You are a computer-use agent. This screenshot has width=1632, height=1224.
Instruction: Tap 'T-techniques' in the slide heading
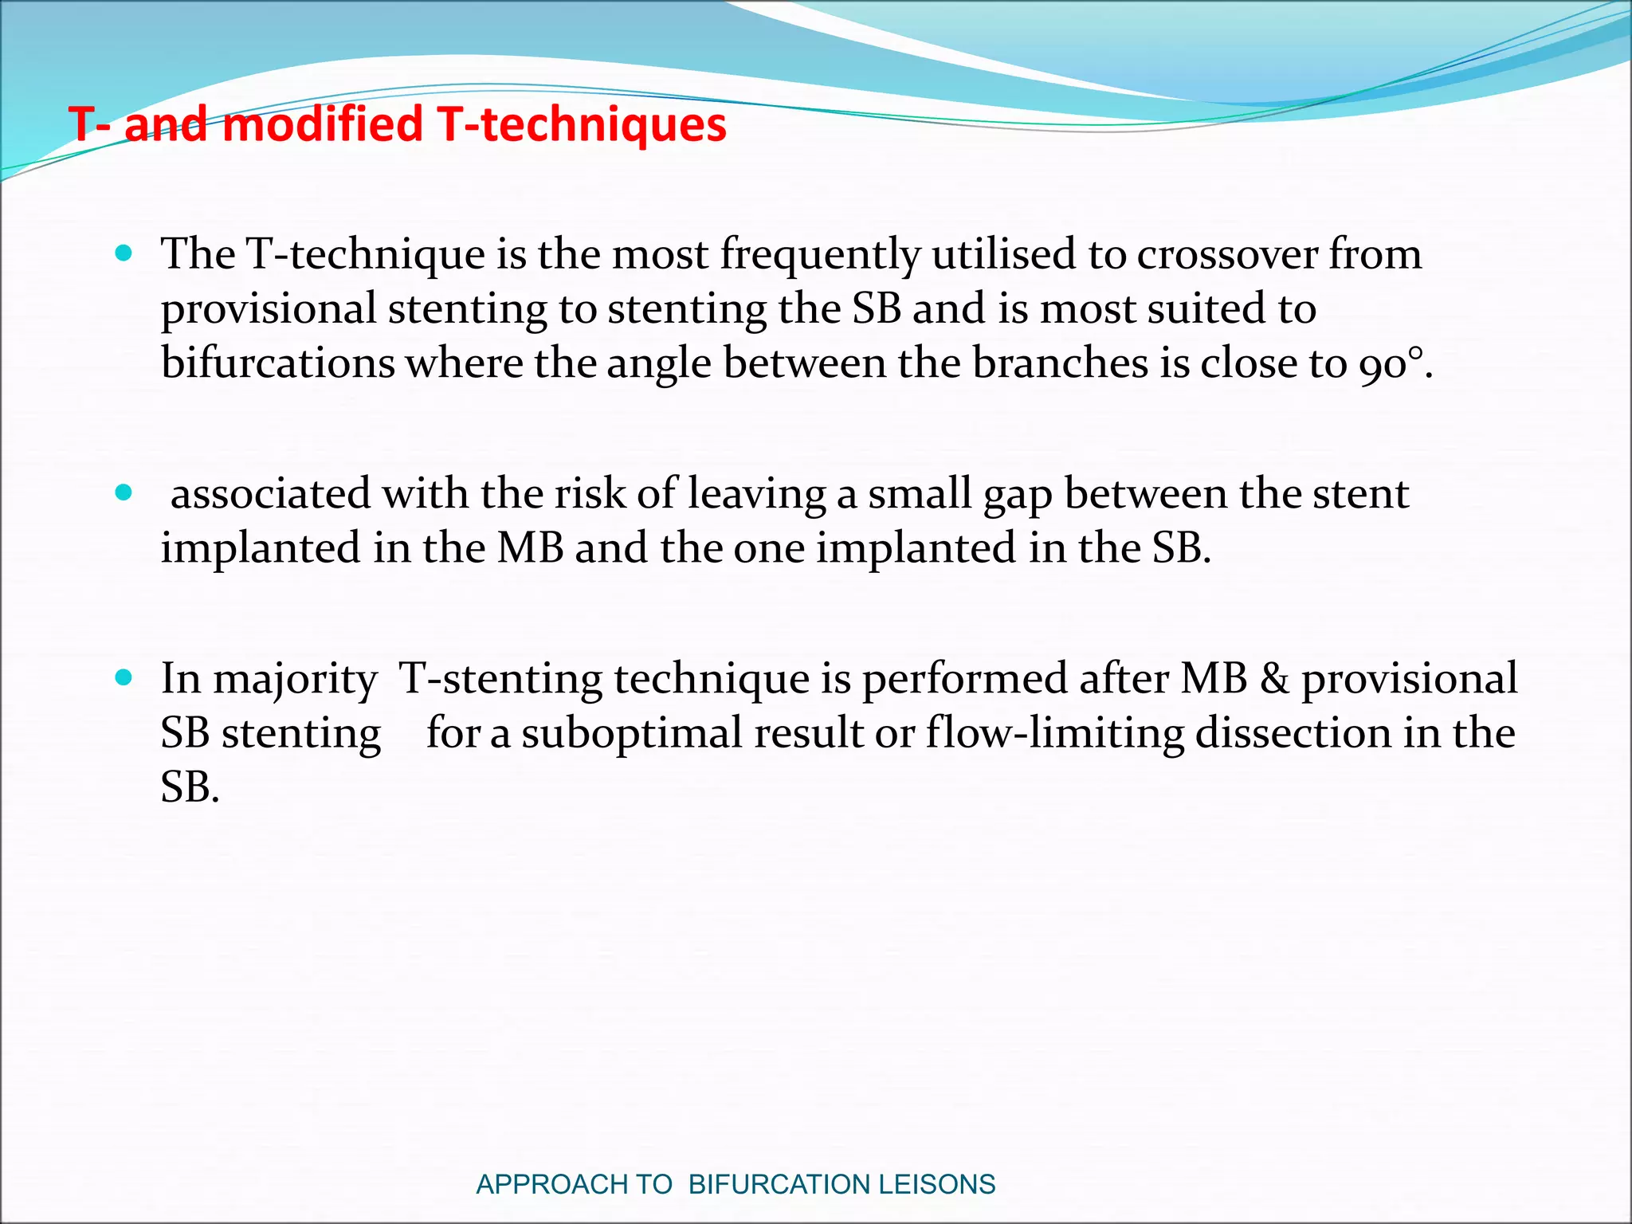pos(583,125)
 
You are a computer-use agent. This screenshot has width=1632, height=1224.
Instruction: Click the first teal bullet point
pos(124,254)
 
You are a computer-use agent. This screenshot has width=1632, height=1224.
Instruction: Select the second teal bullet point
pos(124,493)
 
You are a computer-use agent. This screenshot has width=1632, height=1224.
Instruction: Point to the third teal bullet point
pos(124,678)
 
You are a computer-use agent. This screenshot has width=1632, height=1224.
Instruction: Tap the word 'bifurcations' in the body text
pos(277,363)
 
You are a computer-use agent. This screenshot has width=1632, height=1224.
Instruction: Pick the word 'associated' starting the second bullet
pos(270,494)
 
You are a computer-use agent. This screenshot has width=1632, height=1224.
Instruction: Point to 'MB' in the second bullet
pos(530,548)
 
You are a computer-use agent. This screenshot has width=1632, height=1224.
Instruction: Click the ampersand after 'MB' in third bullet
pos(1274,679)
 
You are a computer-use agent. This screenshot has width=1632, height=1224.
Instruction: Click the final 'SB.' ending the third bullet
pos(190,787)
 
